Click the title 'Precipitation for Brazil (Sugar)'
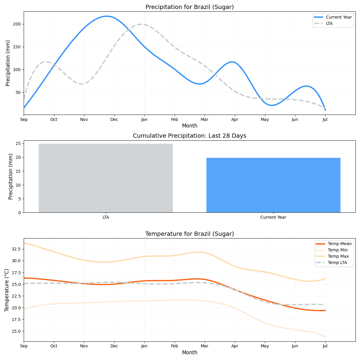coord(190,7)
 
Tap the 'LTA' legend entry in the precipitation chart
coord(329,23)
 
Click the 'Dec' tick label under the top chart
coord(114,119)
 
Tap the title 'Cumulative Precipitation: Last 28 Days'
coord(190,136)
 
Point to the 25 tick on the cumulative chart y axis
coord(18,143)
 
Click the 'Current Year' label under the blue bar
coord(273,217)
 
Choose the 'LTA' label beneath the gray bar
coord(106,217)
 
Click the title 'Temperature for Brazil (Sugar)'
coord(190,234)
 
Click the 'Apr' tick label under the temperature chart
coord(235,346)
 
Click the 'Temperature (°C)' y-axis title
coord(7,290)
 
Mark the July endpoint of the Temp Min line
coord(325,337)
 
